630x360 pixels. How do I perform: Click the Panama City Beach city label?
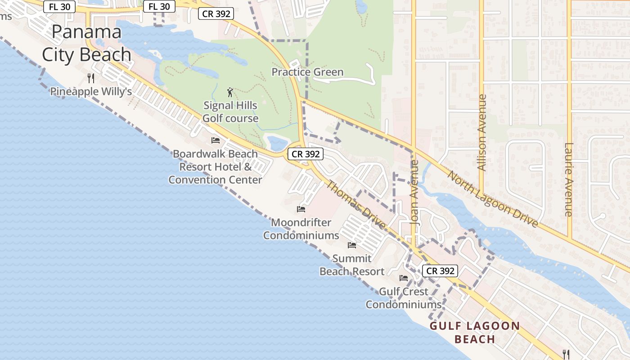click(86, 43)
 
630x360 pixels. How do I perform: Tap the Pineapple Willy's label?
click(91, 91)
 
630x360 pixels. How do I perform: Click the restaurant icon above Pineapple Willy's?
click(91, 78)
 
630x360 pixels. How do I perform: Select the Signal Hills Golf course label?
click(230, 112)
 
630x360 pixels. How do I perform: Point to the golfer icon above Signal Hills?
click(230, 93)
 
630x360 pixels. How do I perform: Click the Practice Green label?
click(307, 72)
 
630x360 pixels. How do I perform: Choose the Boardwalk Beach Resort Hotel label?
click(216, 166)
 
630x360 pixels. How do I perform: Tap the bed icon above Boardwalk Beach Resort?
click(216, 140)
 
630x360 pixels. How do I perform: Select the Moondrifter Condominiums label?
click(301, 229)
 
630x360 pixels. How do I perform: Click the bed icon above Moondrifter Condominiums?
click(301, 209)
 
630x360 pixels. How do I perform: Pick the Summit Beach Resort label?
click(352, 265)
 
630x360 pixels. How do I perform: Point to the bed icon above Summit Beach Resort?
click(352, 245)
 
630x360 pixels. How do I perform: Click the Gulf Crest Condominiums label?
click(404, 298)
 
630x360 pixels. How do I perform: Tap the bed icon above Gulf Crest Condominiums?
click(404, 278)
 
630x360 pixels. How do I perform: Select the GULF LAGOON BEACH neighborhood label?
click(475, 332)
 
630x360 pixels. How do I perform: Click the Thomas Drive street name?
click(355, 205)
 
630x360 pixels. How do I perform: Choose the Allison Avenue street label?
click(482, 132)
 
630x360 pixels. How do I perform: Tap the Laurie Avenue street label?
click(569, 180)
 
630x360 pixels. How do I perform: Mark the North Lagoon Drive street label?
click(492, 199)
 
